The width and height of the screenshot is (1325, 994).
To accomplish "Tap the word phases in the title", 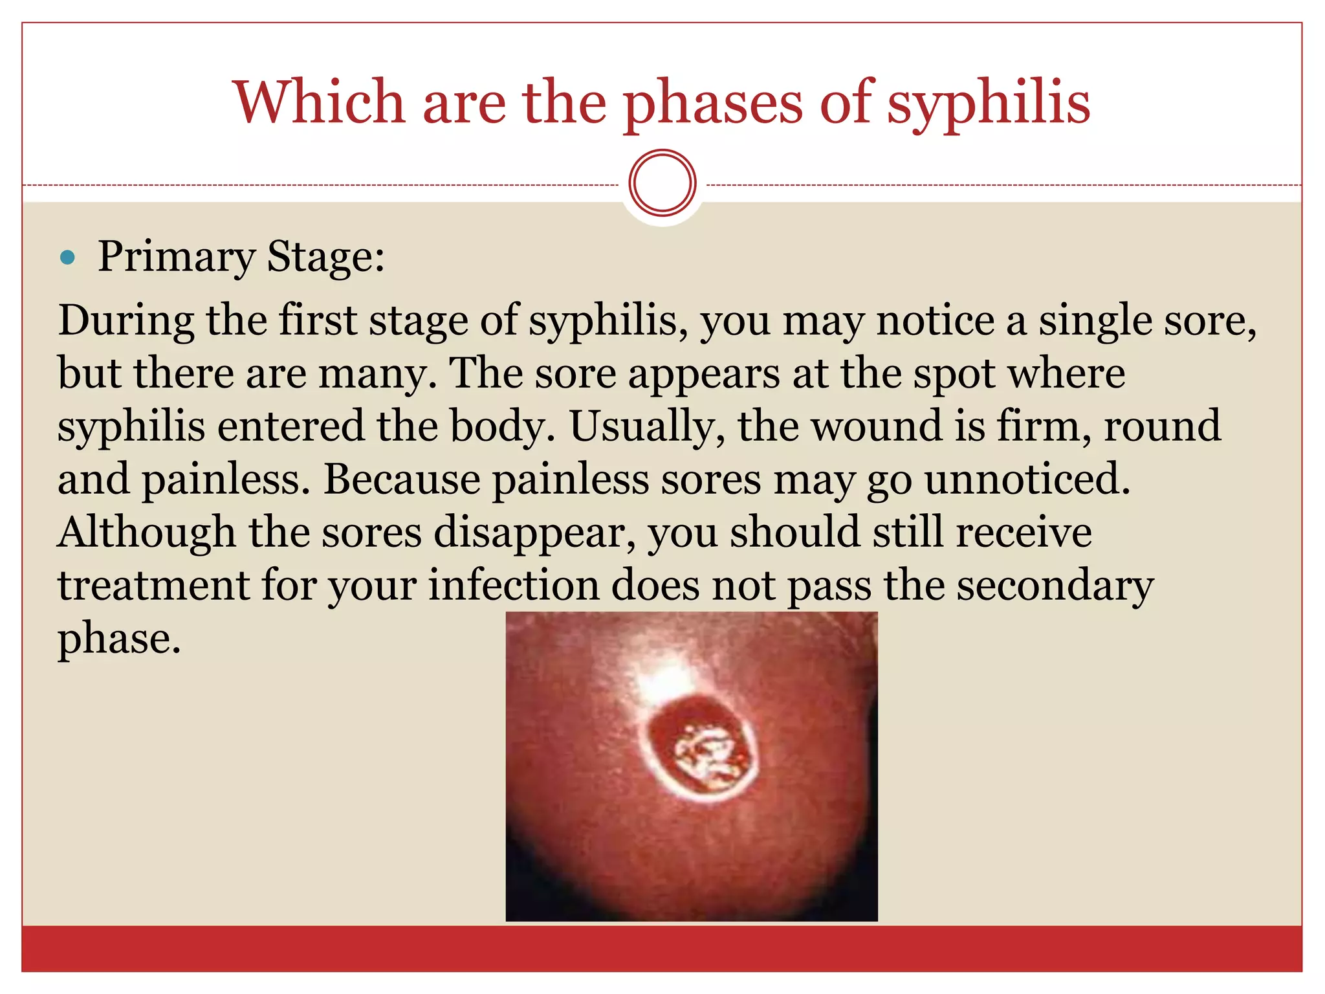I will (x=712, y=104).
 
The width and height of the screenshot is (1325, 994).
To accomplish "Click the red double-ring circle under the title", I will (x=662, y=182).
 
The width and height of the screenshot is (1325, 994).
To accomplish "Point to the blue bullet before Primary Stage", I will (x=67, y=258).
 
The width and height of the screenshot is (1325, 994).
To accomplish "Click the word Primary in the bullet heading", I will (x=177, y=258).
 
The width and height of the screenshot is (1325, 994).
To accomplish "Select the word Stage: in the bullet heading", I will (x=326, y=258).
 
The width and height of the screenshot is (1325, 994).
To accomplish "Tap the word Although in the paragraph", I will (x=146, y=533).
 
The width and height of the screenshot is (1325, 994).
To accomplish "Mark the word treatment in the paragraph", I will (x=153, y=586).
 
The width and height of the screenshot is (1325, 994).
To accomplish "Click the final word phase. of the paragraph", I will (x=119, y=639).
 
